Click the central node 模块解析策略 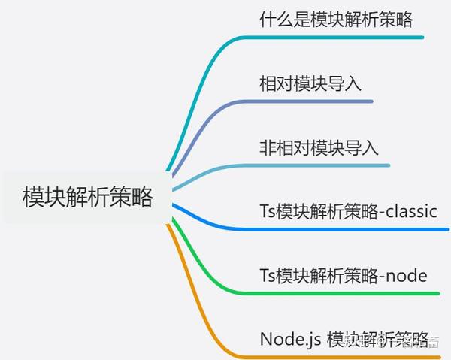pyautogui.click(x=88, y=198)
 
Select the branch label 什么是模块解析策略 pyautogui.click(x=336, y=19)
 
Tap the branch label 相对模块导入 pyautogui.click(x=310, y=83)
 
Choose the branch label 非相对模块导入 pyautogui.click(x=319, y=147)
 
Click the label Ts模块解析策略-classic pyautogui.click(x=348, y=211)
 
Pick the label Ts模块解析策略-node pyautogui.click(x=343, y=276)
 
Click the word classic pyautogui.click(x=410, y=211)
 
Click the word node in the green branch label pyautogui.click(x=405, y=276)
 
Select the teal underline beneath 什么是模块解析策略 pyautogui.click(x=338, y=37)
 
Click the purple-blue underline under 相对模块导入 pyautogui.click(x=316, y=101)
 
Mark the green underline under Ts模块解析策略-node pyautogui.click(x=346, y=293)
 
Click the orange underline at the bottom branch pyautogui.click(x=338, y=355)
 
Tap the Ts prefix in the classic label pyautogui.click(x=268, y=211)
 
